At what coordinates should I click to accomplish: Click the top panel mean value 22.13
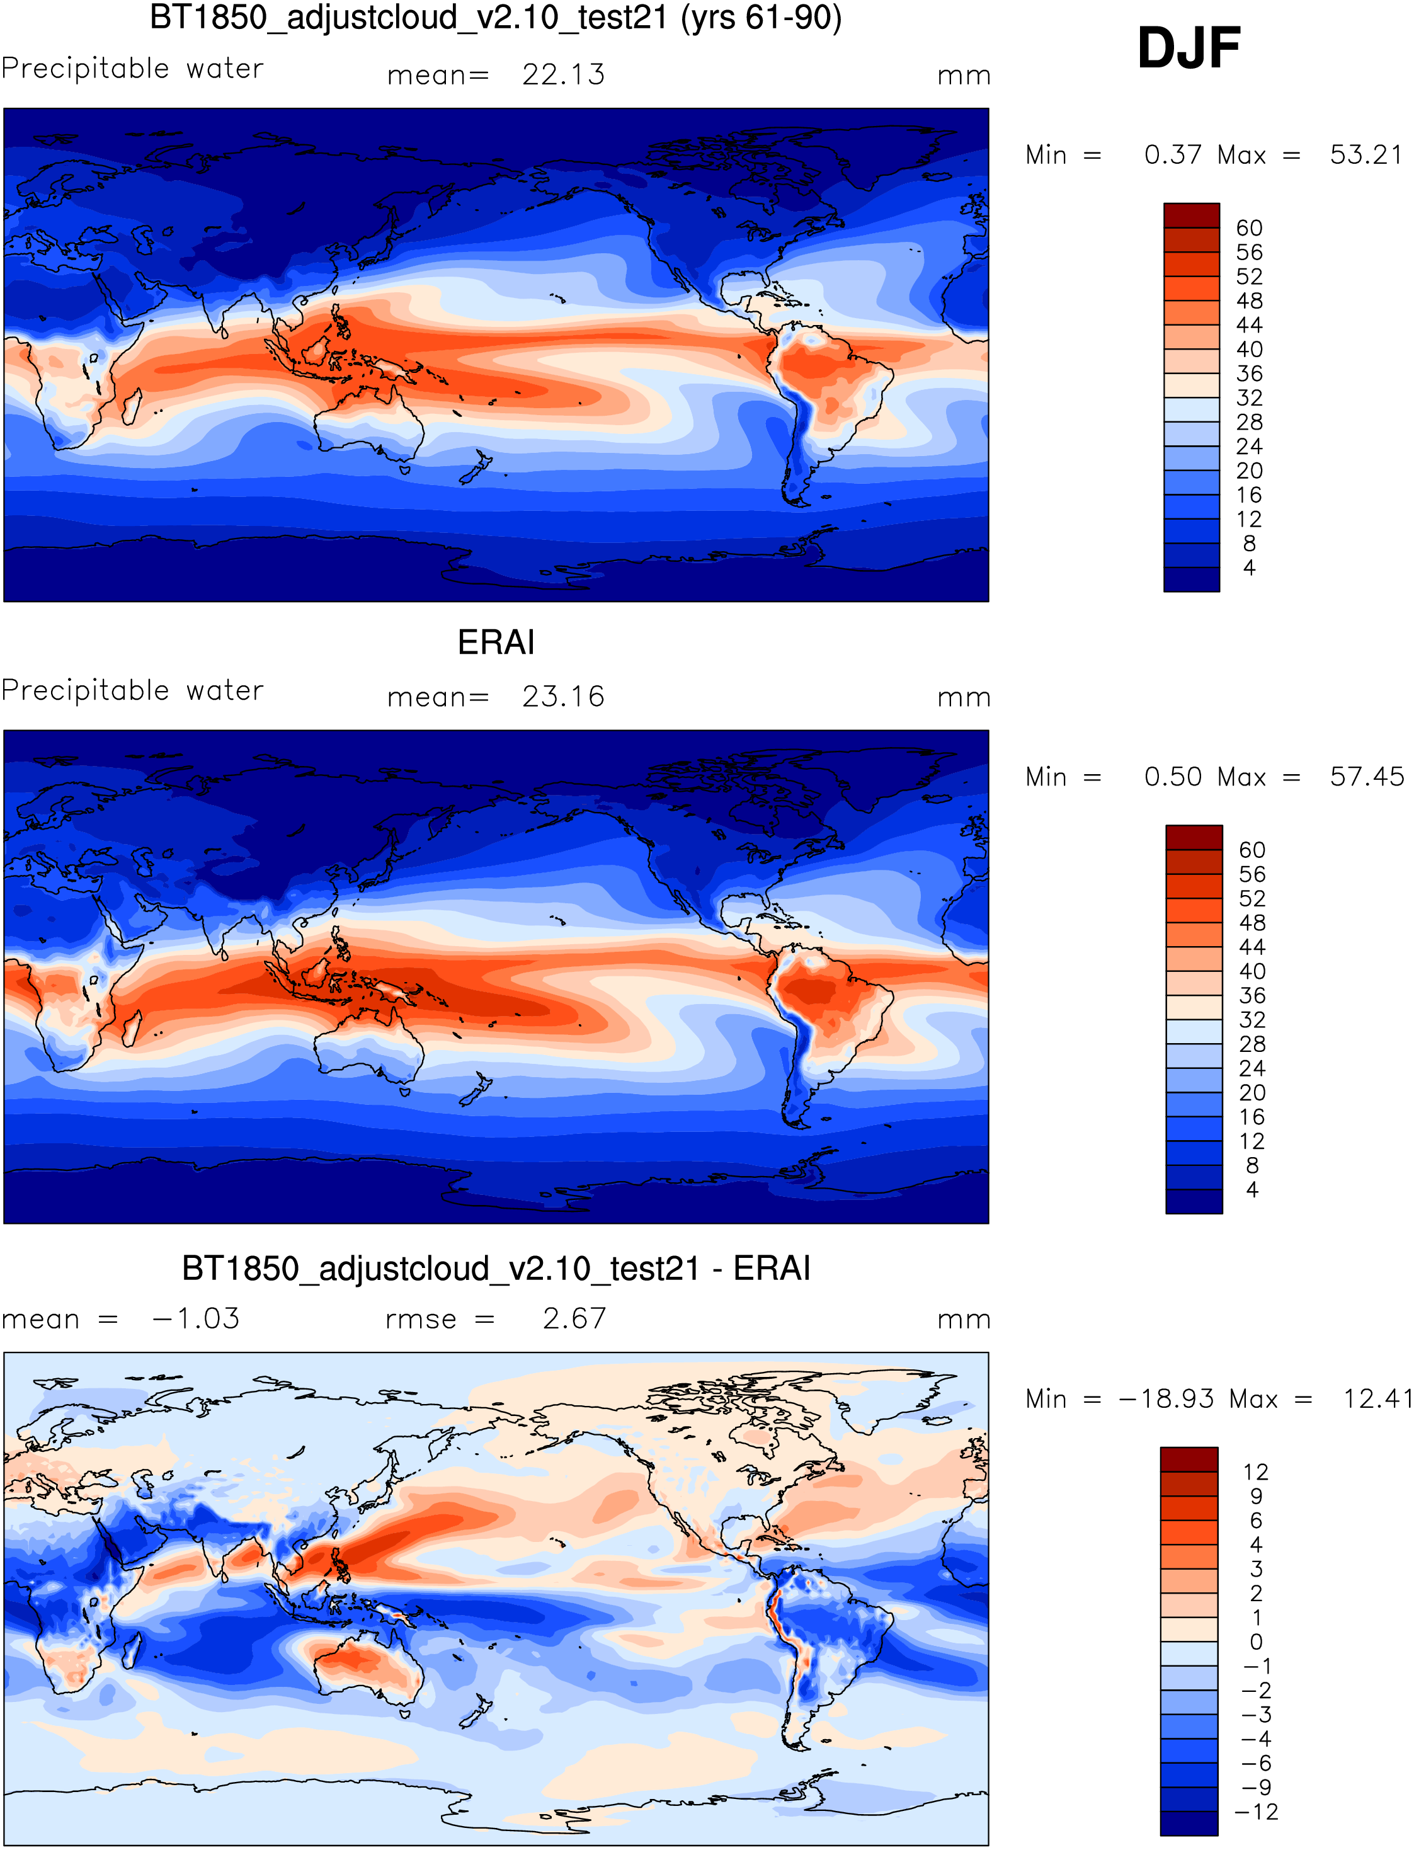[x=563, y=75]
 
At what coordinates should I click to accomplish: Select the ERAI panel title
[x=496, y=643]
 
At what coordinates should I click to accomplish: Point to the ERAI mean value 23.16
[x=563, y=697]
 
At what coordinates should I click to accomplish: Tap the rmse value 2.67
[x=574, y=1319]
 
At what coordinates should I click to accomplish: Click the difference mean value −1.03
[x=196, y=1319]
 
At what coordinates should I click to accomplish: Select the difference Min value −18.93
[x=1166, y=1399]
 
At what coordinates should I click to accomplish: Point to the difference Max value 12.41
[x=1377, y=1399]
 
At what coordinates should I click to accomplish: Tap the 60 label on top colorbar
[x=1249, y=228]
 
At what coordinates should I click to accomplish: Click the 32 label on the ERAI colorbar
[x=1252, y=1020]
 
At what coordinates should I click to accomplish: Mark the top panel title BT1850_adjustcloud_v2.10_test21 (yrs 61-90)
[x=496, y=18]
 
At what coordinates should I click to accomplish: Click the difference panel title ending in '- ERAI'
[x=496, y=1269]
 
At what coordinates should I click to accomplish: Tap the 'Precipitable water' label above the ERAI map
[x=132, y=690]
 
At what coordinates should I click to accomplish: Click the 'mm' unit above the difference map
[x=964, y=1320]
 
